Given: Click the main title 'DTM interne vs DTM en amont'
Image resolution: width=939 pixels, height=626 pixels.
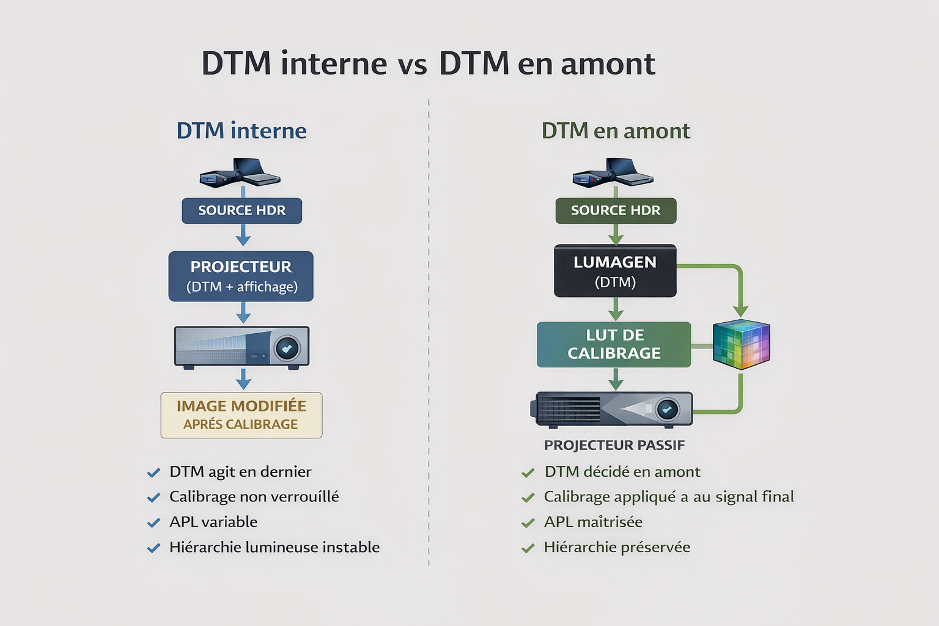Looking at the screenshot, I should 428,64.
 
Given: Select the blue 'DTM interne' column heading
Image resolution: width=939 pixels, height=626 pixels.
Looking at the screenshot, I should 241,131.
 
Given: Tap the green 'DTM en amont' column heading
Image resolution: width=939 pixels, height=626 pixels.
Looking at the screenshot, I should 616,131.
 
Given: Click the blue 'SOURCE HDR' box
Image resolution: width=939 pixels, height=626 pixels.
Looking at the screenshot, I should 242,210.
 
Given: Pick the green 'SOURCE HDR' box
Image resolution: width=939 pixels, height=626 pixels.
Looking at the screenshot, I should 616,210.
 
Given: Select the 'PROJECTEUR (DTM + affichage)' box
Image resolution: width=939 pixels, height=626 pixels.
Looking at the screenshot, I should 241,276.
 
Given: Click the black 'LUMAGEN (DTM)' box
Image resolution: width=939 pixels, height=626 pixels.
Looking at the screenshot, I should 615,271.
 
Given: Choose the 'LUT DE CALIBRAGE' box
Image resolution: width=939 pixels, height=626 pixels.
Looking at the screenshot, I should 614,344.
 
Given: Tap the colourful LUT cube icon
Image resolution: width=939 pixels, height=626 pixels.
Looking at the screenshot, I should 742,344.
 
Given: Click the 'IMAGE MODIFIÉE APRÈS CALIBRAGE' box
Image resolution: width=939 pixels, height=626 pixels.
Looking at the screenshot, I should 241,415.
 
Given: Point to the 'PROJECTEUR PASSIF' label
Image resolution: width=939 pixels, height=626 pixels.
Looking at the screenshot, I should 614,445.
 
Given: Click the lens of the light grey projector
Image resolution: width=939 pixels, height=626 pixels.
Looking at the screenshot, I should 286,348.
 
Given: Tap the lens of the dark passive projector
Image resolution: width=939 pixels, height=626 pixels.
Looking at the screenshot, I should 666,409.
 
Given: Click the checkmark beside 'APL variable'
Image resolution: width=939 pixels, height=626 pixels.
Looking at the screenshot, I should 153,523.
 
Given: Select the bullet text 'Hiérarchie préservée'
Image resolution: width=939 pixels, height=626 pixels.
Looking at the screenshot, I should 617,547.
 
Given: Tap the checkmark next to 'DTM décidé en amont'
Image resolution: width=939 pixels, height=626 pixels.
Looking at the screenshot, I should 528,473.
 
